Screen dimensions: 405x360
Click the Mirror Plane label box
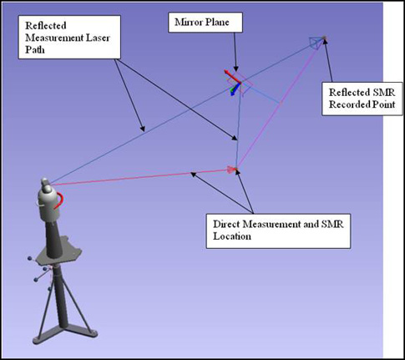[205, 23]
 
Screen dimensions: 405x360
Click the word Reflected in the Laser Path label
[46, 26]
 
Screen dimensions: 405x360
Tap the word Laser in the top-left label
[98, 38]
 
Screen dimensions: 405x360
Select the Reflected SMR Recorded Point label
[362, 99]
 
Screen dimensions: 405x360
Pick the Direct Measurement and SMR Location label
[278, 231]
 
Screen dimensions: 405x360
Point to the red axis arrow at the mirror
[232, 76]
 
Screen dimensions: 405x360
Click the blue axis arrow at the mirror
[235, 89]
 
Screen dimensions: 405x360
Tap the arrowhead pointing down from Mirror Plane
[235, 68]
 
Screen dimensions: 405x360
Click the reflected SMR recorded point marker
[324, 38]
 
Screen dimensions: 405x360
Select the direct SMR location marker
[235, 169]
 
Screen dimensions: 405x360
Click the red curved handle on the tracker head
[60, 200]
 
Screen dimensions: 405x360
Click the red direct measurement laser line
[139, 177]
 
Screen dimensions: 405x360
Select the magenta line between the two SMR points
[280, 103]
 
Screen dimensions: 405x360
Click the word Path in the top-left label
[35, 49]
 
